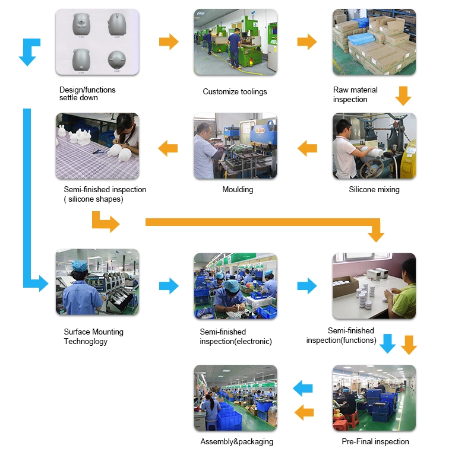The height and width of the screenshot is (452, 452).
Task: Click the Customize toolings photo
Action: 235,42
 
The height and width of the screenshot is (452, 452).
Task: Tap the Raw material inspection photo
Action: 374,42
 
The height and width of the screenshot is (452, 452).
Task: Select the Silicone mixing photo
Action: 374,146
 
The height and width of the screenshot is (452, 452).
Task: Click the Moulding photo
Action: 235,146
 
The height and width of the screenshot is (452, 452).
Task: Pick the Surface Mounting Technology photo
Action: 97,282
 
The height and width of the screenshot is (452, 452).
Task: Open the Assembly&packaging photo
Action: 235,397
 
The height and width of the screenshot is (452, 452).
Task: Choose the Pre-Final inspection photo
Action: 374,397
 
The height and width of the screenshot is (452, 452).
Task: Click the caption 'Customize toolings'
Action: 235,92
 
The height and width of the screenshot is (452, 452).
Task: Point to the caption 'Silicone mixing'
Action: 374,190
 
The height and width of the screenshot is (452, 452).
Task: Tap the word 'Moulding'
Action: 238,190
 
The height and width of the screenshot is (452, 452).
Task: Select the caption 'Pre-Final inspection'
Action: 375,442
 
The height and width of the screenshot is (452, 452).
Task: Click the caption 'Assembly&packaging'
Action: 237,442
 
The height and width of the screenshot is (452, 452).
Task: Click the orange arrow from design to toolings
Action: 169,42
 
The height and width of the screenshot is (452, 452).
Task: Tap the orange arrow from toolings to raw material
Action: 306,42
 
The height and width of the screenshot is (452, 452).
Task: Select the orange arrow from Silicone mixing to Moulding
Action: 307,148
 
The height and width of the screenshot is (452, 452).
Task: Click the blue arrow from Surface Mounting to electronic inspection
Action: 169,286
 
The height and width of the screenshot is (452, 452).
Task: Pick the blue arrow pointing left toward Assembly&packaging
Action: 304,389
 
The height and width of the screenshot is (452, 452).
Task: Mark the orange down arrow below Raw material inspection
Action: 403,96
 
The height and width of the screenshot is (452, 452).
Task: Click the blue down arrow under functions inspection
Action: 387,343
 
